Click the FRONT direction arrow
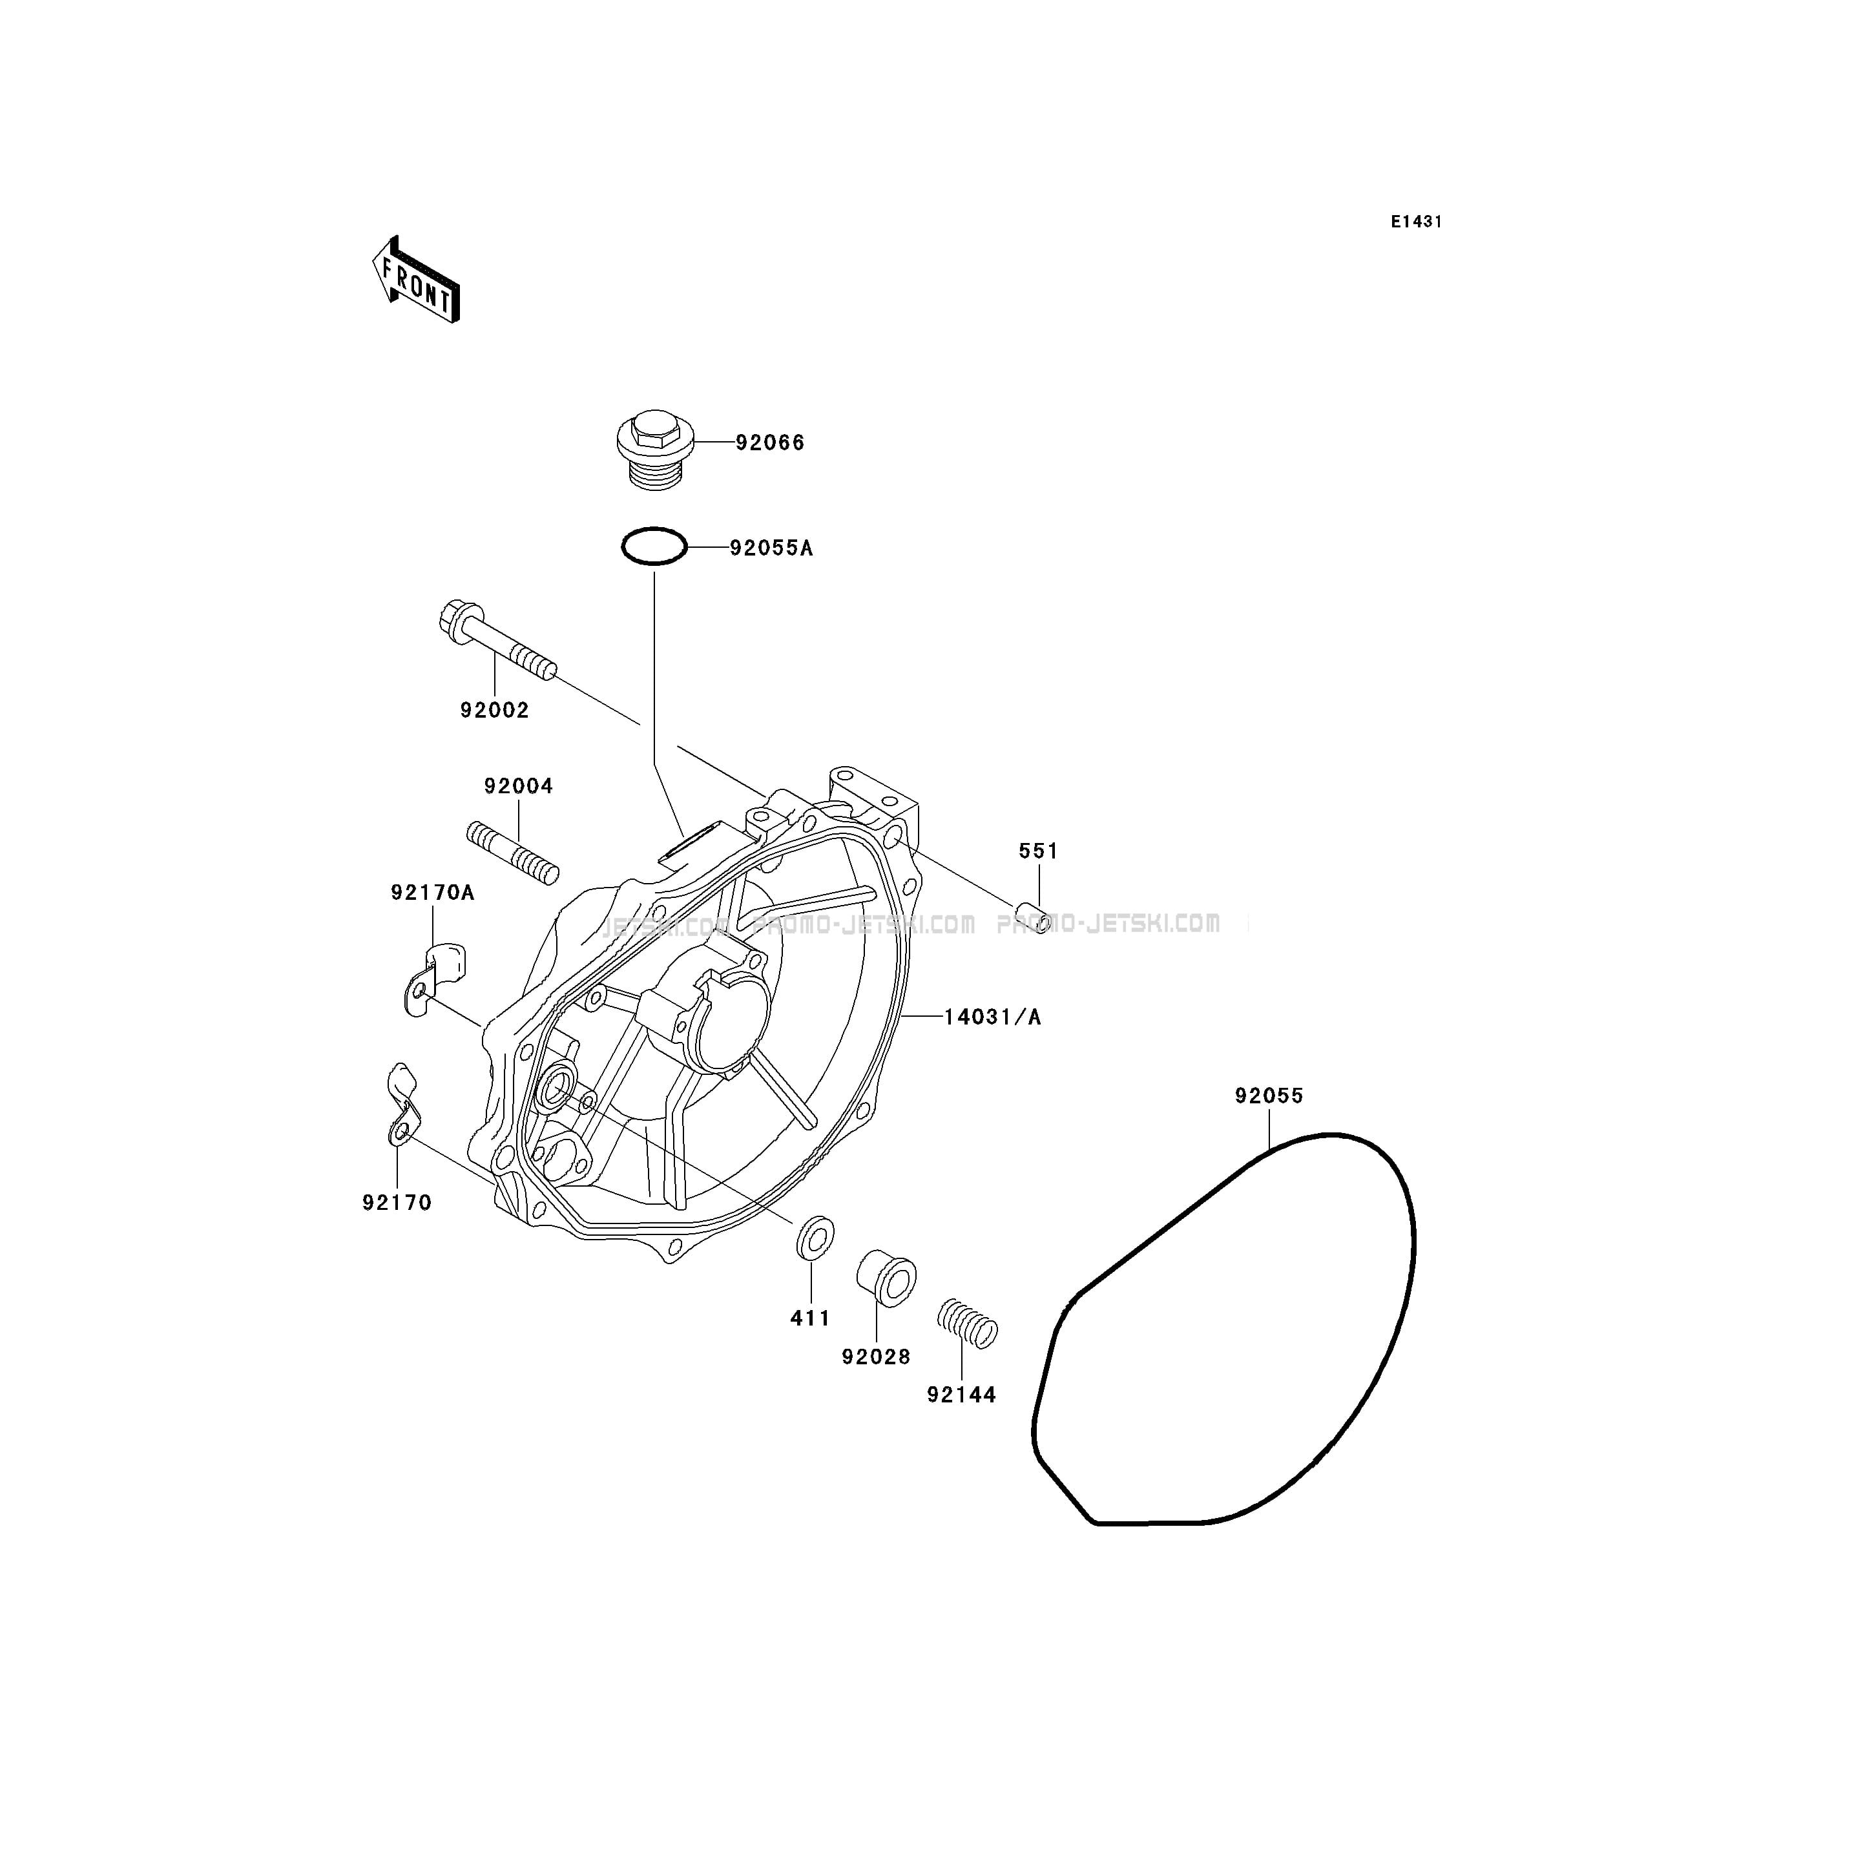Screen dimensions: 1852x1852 tap(416, 280)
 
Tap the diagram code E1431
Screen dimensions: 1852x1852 tap(1417, 222)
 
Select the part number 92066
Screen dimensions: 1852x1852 tap(770, 443)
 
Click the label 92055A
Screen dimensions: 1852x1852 tap(771, 548)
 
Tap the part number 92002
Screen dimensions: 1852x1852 tap(495, 711)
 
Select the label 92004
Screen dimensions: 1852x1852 tap(519, 786)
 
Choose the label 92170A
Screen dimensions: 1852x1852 tap(432, 893)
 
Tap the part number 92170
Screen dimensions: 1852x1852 tap(397, 1202)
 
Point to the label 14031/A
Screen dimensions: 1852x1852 tap(992, 1017)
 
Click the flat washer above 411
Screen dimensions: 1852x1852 tap(815, 1236)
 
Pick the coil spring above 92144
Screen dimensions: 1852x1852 tap(967, 1324)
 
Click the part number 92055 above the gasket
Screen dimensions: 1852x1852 tap(1269, 1096)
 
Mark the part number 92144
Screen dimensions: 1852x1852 tap(961, 1395)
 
